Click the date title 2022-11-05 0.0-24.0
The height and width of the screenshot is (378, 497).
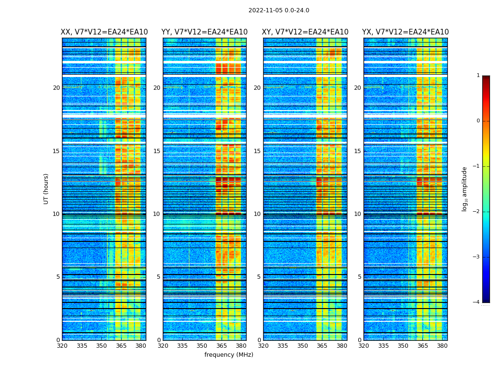pyautogui.click(x=279, y=10)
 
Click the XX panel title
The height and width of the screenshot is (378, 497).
pyautogui.click(x=104, y=32)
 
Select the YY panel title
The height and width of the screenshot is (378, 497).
pyautogui.click(x=204, y=32)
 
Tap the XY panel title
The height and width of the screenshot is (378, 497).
pyautogui.click(x=305, y=32)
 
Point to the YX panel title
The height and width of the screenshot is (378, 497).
pyautogui.click(x=405, y=32)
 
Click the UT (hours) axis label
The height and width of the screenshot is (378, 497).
pyautogui.click(x=46, y=189)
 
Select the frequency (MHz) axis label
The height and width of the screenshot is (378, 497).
pyautogui.click(x=229, y=355)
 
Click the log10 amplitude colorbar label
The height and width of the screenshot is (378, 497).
pyautogui.click(x=465, y=189)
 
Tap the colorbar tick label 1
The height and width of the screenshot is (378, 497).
pyautogui.click(x=478, y=76)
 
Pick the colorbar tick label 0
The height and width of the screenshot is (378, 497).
pyautogui.click(x=478, y=121)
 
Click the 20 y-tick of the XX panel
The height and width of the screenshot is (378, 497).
pyautogui.click(x=56, y=88)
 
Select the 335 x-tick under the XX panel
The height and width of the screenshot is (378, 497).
pyautogui.click(x=82, y=346)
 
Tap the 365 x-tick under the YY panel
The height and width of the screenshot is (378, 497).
pyautogui.click(x=221, y=346)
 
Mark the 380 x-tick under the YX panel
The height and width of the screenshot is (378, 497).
pyautogui.click(x=442, y=346)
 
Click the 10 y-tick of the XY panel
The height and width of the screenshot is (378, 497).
pyautogui.click(x=257, y=214)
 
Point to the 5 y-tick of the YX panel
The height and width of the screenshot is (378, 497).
pyautogui.click(x=359, y=277)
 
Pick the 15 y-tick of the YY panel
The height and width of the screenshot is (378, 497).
pyautogui.click(x=157, y=151)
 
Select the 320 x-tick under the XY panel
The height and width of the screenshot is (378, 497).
pyautogui.click(x=263, y=346)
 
